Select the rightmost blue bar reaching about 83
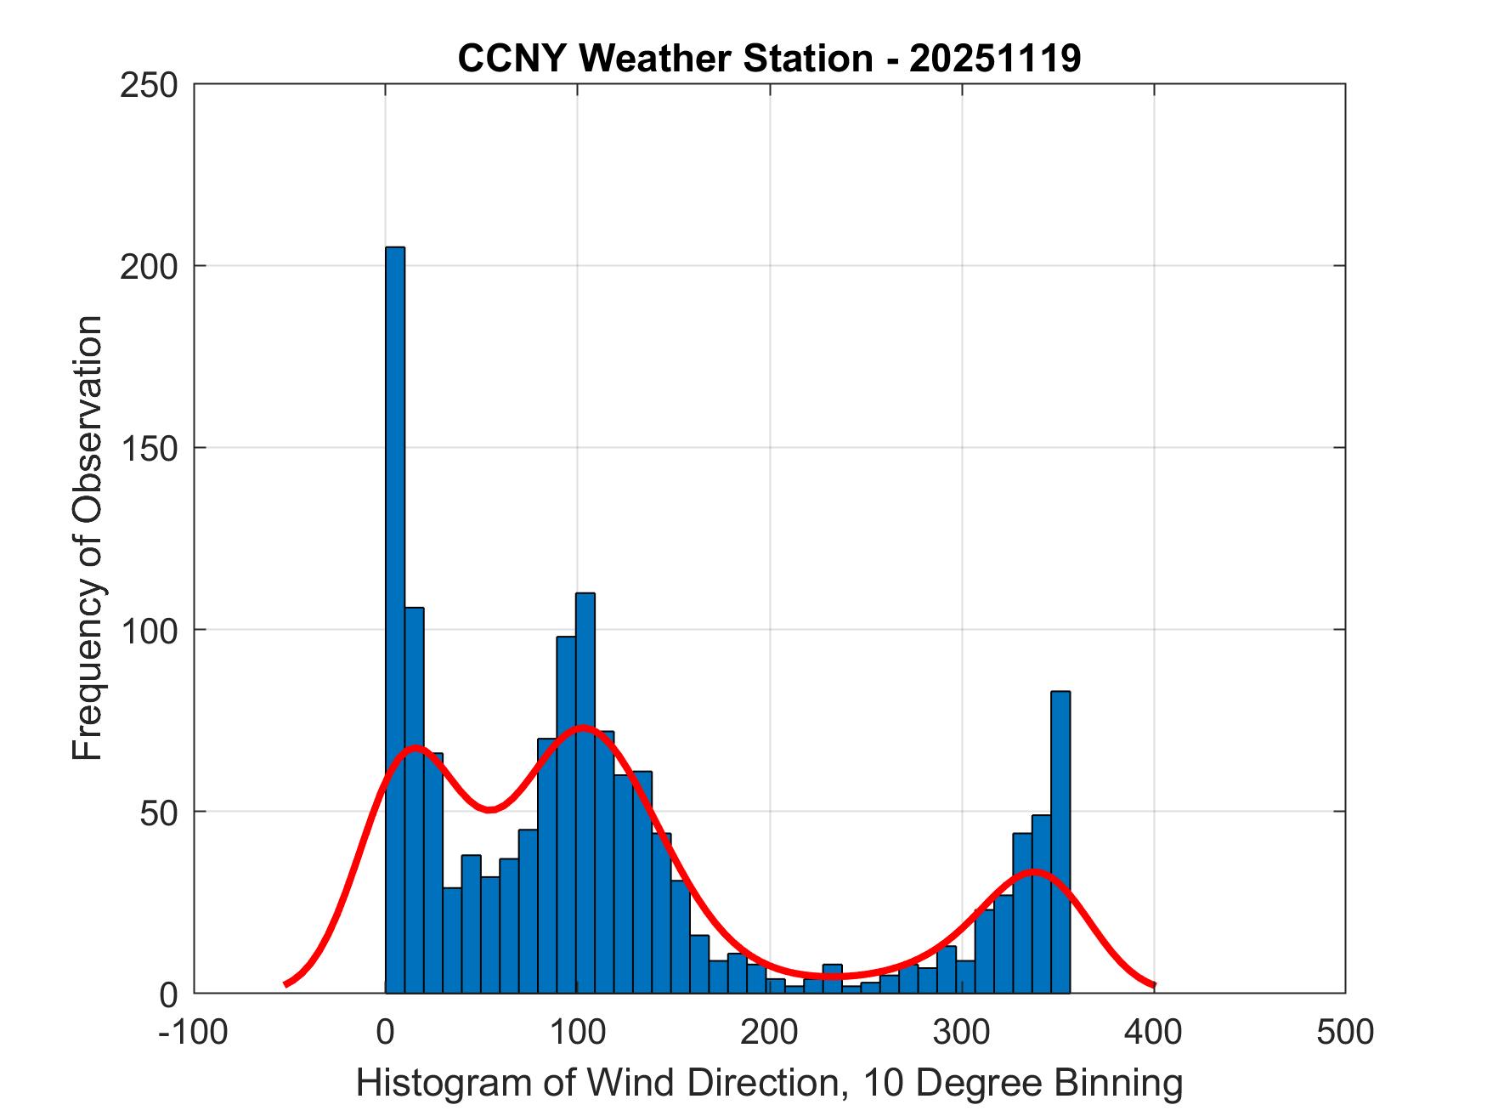click(1060, 841)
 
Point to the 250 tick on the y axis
click(149, 85)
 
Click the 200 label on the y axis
click(149, 267)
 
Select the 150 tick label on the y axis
click(149, 449)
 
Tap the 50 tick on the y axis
click(161, 813)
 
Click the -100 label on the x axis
click(193, 1032)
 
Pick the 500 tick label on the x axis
click(1345, 1032)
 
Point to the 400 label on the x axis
click(1153, 1032)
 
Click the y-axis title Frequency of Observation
click(88, 539)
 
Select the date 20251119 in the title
click(995, 59)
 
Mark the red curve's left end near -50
click(286, 984)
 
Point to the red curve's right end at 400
click(1153, 985)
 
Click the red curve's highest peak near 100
click(582, 728)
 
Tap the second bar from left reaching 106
click(414, 799)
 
